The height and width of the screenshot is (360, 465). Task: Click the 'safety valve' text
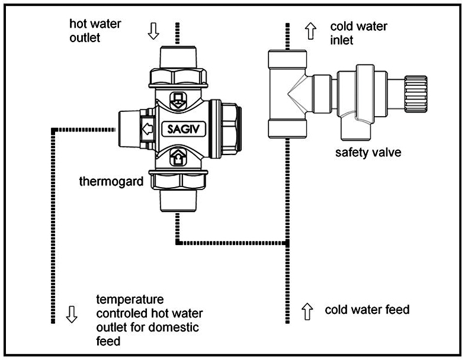point(368,153)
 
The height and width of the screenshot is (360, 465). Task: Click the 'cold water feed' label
point(367,310)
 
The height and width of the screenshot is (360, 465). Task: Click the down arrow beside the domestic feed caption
point(72,314)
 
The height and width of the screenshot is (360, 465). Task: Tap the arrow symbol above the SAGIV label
point(177,99)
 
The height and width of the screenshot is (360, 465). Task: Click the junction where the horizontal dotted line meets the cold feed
point(287,242)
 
